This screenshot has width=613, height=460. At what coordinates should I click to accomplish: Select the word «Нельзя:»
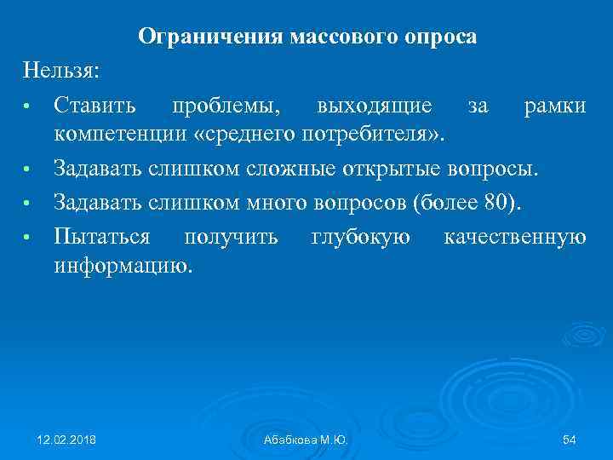click(x=62, y=70)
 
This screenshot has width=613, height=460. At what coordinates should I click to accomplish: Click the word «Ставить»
click(x=95, y=106)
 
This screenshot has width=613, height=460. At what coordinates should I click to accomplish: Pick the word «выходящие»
click(x=373, y=106)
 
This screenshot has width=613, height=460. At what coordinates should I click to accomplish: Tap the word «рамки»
click(x=555, y=106)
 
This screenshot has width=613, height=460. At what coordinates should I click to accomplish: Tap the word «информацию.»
click(x=123, y=265)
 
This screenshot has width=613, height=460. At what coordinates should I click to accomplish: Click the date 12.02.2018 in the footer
click(x=67, y=439)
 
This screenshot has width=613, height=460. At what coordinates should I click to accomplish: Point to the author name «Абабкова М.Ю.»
click(x=306, y=439)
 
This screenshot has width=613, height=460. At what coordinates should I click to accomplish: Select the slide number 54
click(x=570, y=439)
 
